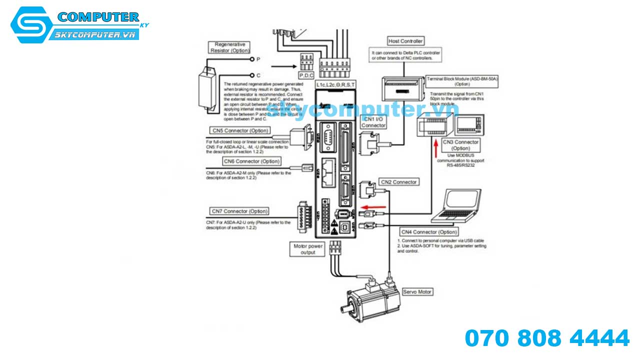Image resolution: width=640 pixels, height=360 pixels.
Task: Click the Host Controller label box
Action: [x=405, y=41]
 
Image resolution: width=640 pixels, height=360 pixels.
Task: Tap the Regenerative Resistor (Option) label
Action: [x=230, y=47]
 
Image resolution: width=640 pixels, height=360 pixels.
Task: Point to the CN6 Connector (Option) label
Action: [x=251, y=161]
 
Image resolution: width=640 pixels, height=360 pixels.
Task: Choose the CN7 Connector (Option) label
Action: [x=239, y=211]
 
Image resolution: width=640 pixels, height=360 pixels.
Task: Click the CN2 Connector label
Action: [x=398, y=182]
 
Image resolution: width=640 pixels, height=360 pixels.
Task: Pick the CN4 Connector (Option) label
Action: [x=429, y=232]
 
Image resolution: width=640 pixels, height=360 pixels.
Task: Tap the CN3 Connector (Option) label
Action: [x=460, y=145]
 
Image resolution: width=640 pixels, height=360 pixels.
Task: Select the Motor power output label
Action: [x=308, y=249]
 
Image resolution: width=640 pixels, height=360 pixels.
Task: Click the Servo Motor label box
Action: [x=417, y=291]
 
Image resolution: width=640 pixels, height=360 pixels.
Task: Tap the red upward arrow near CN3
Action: [x=435, y=148]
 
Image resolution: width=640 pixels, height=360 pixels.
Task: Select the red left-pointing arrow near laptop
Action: [x=373, y=207]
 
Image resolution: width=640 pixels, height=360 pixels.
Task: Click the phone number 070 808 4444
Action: [x=547, y=338]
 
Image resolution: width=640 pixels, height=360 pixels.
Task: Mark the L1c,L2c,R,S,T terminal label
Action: [x=335, y=85]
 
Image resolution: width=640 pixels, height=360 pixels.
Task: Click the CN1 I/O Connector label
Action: [x=373, y=122]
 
